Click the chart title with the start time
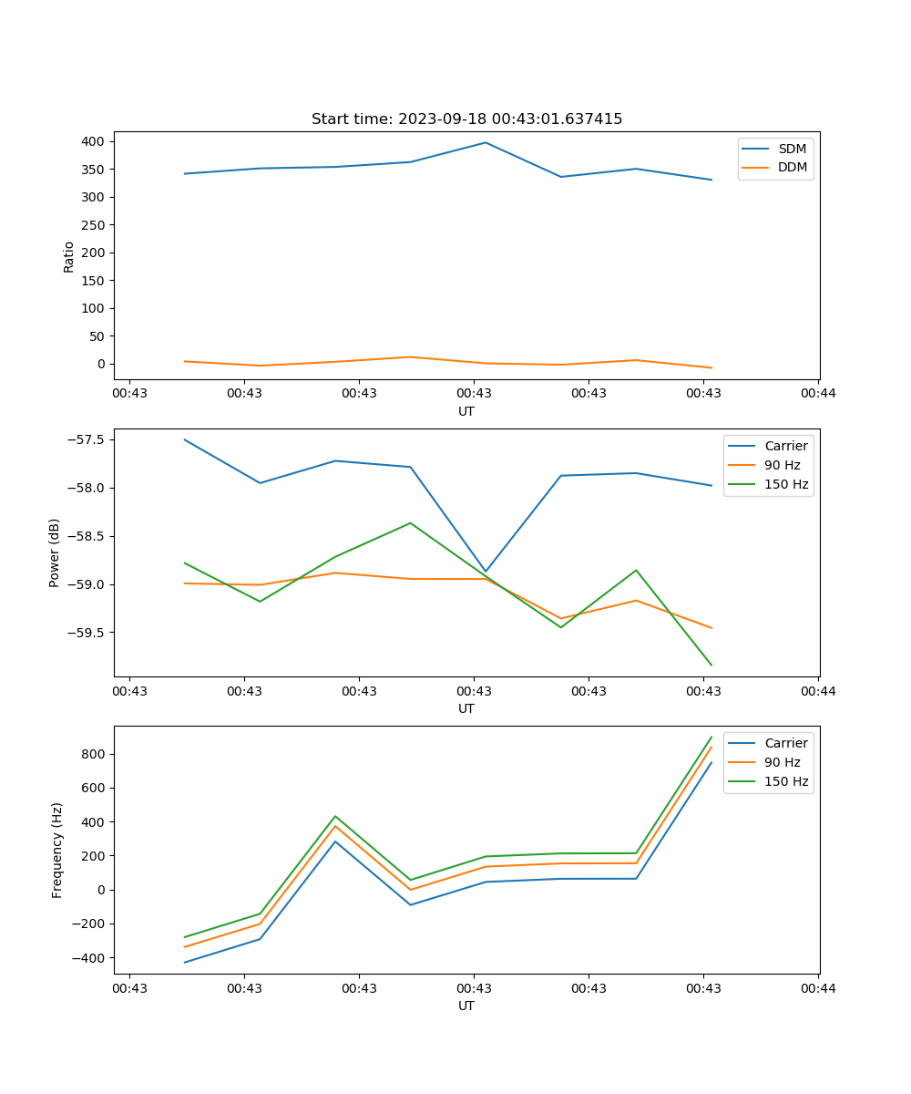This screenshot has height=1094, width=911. [x=466, y=119]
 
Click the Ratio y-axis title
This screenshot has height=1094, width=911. [x=69, y=256]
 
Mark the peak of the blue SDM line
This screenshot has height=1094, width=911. [x=486, y=142]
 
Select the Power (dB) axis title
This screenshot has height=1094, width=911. [x=55, y=552]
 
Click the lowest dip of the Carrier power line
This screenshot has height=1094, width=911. [x=486, y=572]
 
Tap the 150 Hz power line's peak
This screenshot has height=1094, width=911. [x=410, y=522]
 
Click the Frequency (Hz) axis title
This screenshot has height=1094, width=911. [x=57, y=850]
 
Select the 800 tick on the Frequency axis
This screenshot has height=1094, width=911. [x=94, y=754]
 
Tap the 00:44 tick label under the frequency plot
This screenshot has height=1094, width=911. [x=817, y=988]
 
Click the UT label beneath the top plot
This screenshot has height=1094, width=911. [x=466, y=411]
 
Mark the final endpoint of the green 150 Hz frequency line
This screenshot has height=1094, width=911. [x=711, y=737]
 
